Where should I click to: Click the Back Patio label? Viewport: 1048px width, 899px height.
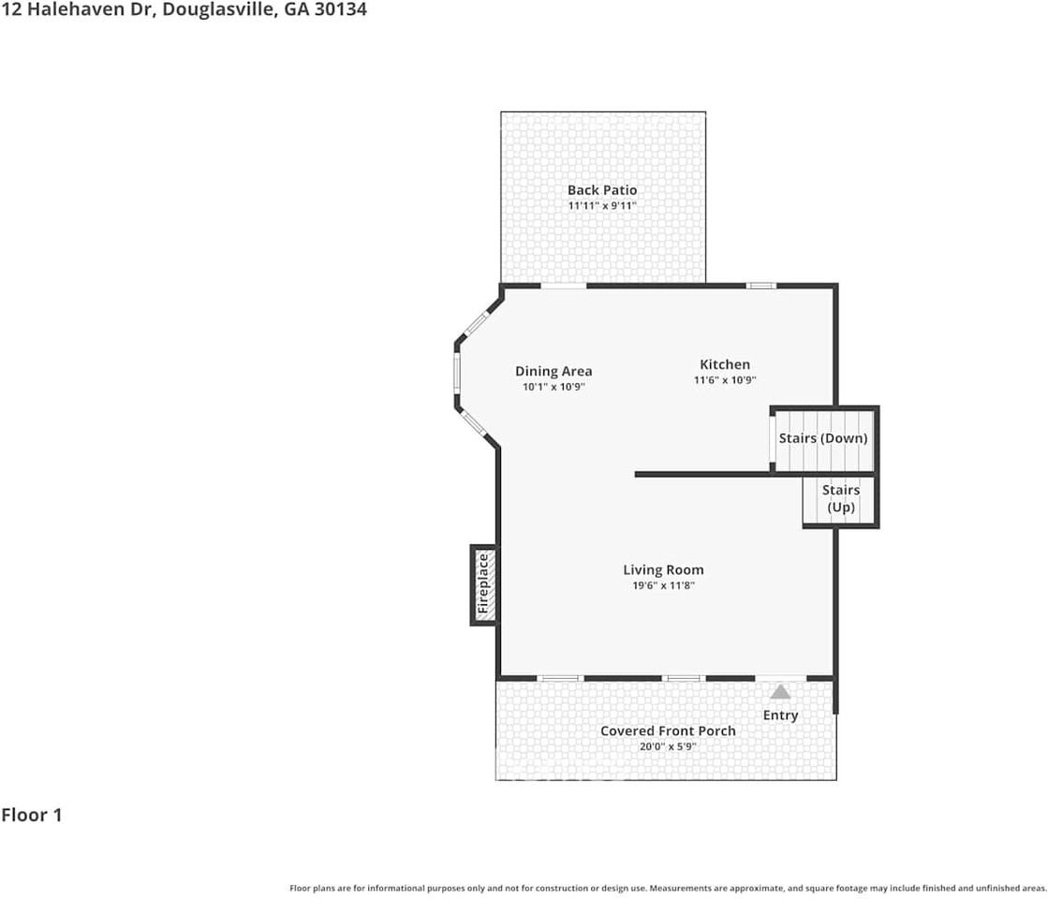pos(601,190)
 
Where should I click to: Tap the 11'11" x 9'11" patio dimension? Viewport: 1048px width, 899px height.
pos(601,205)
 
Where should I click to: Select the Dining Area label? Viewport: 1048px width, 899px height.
pos(554,371)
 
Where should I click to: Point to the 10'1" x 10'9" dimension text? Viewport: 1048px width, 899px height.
pos(554,387)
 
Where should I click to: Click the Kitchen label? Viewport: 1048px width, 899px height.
pos(725,364)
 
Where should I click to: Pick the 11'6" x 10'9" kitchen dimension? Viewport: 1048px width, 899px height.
pos(725,380)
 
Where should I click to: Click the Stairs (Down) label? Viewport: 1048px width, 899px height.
pos(823,438)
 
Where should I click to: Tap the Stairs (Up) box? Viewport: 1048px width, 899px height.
pos(840,499)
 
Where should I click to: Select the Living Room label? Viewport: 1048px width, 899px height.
pos(663,569)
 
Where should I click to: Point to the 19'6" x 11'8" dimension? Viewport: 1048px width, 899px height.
pos(663,585)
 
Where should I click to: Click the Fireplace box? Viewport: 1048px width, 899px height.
pos(483,584)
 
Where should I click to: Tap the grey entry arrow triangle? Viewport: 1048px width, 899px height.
pos(780,692)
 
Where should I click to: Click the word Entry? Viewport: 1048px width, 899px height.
pos(780,715)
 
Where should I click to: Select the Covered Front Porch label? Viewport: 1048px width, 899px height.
pos(668,730)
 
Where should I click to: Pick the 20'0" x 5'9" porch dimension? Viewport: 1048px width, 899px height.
pos(668,746)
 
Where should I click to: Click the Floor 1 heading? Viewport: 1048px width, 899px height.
pos(32,815)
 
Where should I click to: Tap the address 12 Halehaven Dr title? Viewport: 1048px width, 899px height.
pos(184,10)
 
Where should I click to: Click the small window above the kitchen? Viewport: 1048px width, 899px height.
pos(760,285)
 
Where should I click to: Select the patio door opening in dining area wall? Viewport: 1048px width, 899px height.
pos(564,285)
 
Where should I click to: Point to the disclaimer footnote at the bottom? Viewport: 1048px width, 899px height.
pos(668,887)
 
